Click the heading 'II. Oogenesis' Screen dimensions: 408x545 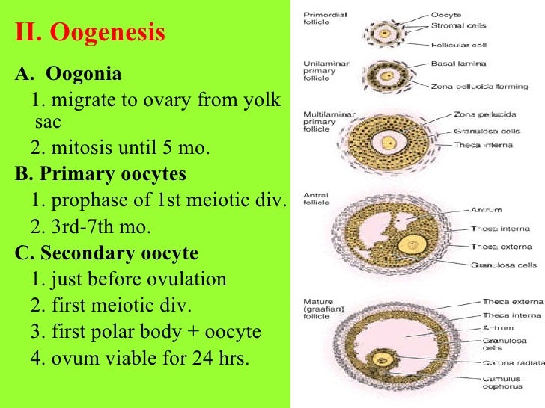coord(90,34)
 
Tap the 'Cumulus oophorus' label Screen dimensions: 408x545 coord(502,383)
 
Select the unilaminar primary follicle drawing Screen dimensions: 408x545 coord(386,75)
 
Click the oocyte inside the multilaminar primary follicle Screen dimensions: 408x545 coord(388,142)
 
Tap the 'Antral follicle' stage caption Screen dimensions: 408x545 coord(316,200)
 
